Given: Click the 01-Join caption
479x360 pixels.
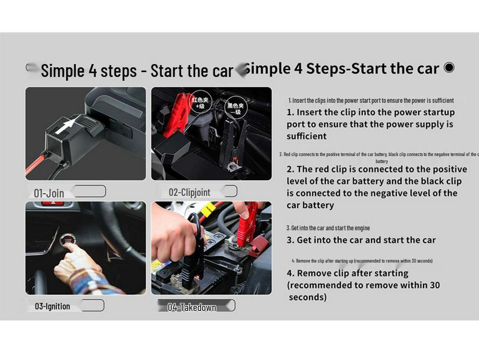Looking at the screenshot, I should [x=49, y=193].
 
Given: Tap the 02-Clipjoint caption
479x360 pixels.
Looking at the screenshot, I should [x=189, y=192].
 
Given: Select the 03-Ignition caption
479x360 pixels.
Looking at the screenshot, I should [x=52, y=306].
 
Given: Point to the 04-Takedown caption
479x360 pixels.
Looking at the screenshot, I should [x=192, y=307].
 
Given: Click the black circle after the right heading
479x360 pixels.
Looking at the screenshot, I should [x=449, y=68].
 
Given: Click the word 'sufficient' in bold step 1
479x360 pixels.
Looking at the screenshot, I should [x=306, y=136].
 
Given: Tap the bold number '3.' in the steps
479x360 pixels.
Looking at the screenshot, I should [x=290, y=240].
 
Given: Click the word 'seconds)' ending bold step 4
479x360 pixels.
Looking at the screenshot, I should [x=308, y=297].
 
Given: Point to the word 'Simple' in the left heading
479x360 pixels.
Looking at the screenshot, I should [x=62, y=70].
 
